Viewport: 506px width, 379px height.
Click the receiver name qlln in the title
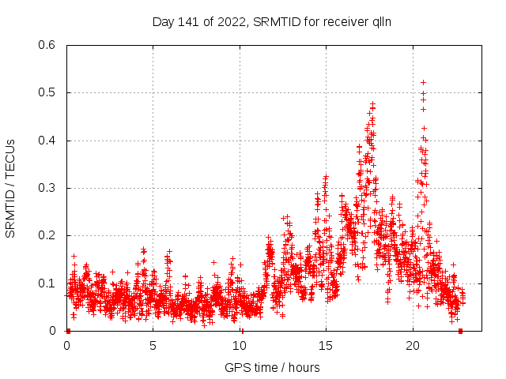(379, 21)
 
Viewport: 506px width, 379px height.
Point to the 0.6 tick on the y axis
(50, 45)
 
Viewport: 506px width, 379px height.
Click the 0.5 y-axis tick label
(50, 92)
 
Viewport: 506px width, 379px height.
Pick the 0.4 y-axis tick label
(50, 141)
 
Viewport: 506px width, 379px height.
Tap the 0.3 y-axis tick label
(50, 188)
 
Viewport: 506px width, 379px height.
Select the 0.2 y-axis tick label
(50, 235)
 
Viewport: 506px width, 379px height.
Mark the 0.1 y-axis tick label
(50, 283)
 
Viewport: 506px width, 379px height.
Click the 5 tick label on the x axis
(153, 346)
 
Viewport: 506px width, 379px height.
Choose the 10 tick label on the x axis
(240, 346)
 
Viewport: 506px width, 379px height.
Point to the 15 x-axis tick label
(327, 346)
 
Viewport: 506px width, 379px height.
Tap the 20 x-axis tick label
(413, 346)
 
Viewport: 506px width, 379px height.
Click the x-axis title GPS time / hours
(272, 367)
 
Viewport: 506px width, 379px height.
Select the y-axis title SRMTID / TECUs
(11, 188)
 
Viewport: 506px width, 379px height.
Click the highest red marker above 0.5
(424, 82)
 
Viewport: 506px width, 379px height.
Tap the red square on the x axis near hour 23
(461, 331)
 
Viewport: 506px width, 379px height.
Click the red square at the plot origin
(67, 331)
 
